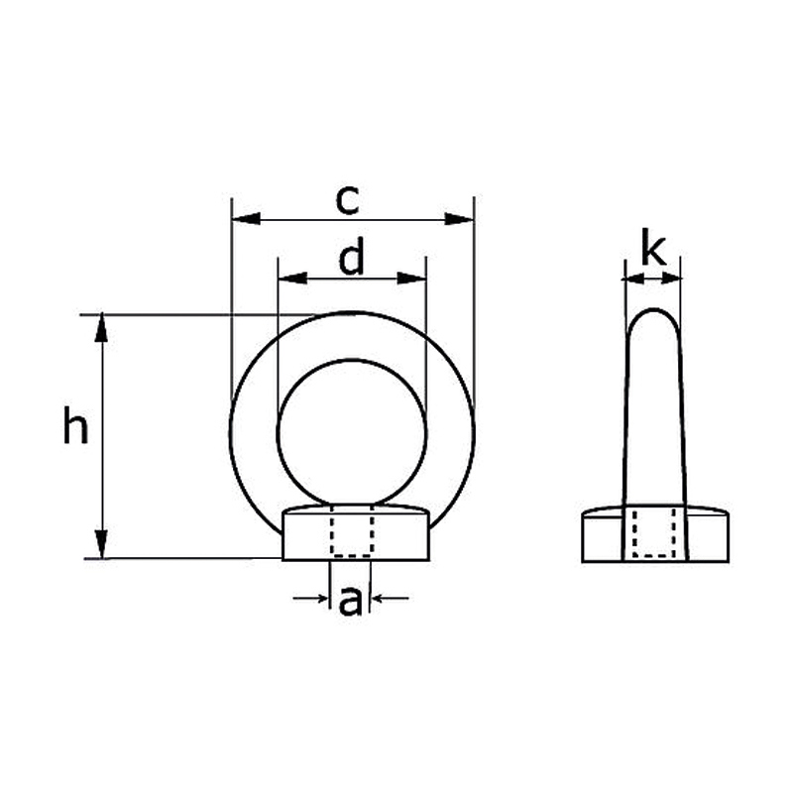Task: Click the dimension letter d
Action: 352,260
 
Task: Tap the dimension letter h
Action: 76,428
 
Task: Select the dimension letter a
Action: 350,601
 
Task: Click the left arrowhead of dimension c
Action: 243,218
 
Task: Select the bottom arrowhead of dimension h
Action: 101,545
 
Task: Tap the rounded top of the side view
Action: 653,322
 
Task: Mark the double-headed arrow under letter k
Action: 652,280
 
